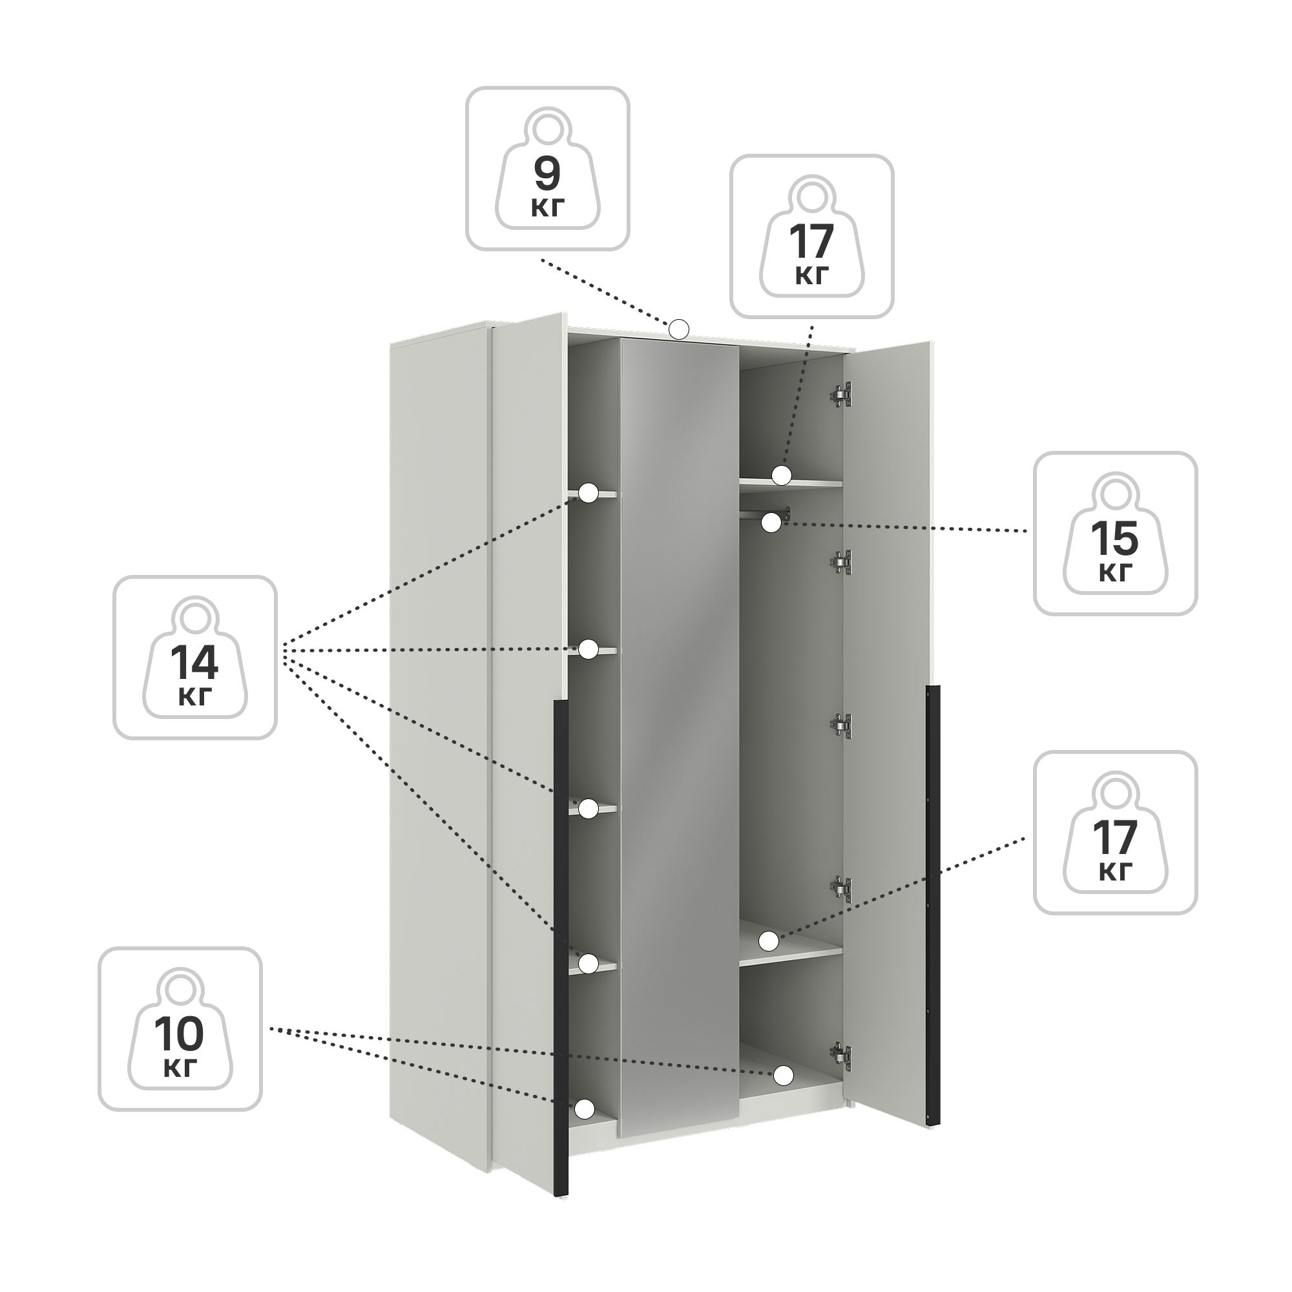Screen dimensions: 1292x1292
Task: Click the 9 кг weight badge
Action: [x=548, y=169]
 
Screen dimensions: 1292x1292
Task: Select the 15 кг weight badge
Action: [x=1116, y=533]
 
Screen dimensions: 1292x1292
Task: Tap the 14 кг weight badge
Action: [x=194, y=658]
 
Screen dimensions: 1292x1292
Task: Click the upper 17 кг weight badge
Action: [x=812, y=236]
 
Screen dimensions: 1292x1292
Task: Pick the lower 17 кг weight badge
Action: [x=1116, y=833]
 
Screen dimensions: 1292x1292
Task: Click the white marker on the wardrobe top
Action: [x=679, y=328]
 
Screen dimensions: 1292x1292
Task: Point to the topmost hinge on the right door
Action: [x=842, y=395]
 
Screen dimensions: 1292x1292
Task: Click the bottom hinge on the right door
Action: [x=842, y=1056]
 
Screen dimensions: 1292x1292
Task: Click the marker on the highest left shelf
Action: [x=589, y=493]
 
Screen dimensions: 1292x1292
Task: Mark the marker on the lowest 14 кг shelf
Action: [x=588, y=963]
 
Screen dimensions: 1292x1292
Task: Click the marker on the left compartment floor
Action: [x=585, y=1109]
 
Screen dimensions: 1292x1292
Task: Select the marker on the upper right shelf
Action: [x=781, y=475]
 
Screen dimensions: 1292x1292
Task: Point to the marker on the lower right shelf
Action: [x=769, y=941]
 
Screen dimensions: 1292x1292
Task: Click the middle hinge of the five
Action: [x=842, y=725]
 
